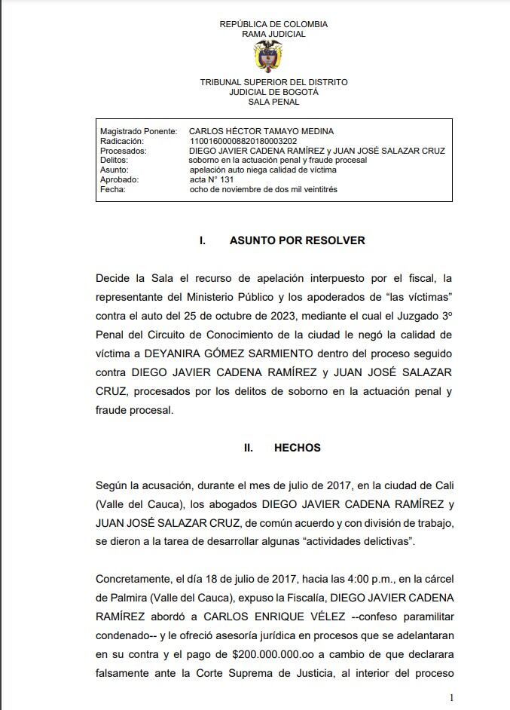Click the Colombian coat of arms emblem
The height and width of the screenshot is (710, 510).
(x=269, y=56)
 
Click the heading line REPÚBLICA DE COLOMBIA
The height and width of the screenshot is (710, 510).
(x=273, y=24)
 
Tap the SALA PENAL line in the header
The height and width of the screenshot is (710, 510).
(x=273, y=102)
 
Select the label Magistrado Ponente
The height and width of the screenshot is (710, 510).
(x=139, y=131)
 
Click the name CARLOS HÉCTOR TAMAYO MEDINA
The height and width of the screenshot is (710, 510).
(x=261, y=131)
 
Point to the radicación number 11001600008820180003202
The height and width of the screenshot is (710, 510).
(x=243, y=141)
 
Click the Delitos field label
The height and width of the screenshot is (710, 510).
(x=115, y=161)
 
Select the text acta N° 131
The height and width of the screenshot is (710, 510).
(x=212, y=180)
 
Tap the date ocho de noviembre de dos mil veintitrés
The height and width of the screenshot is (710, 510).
(x=264, y=190)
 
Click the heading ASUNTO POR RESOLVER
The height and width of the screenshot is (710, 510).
(x=297, y=240)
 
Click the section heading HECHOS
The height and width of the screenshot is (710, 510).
(x=297, y=448)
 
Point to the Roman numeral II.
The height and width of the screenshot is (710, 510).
(x=248, y=448)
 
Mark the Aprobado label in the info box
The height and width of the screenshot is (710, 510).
(x=119, y=180)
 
